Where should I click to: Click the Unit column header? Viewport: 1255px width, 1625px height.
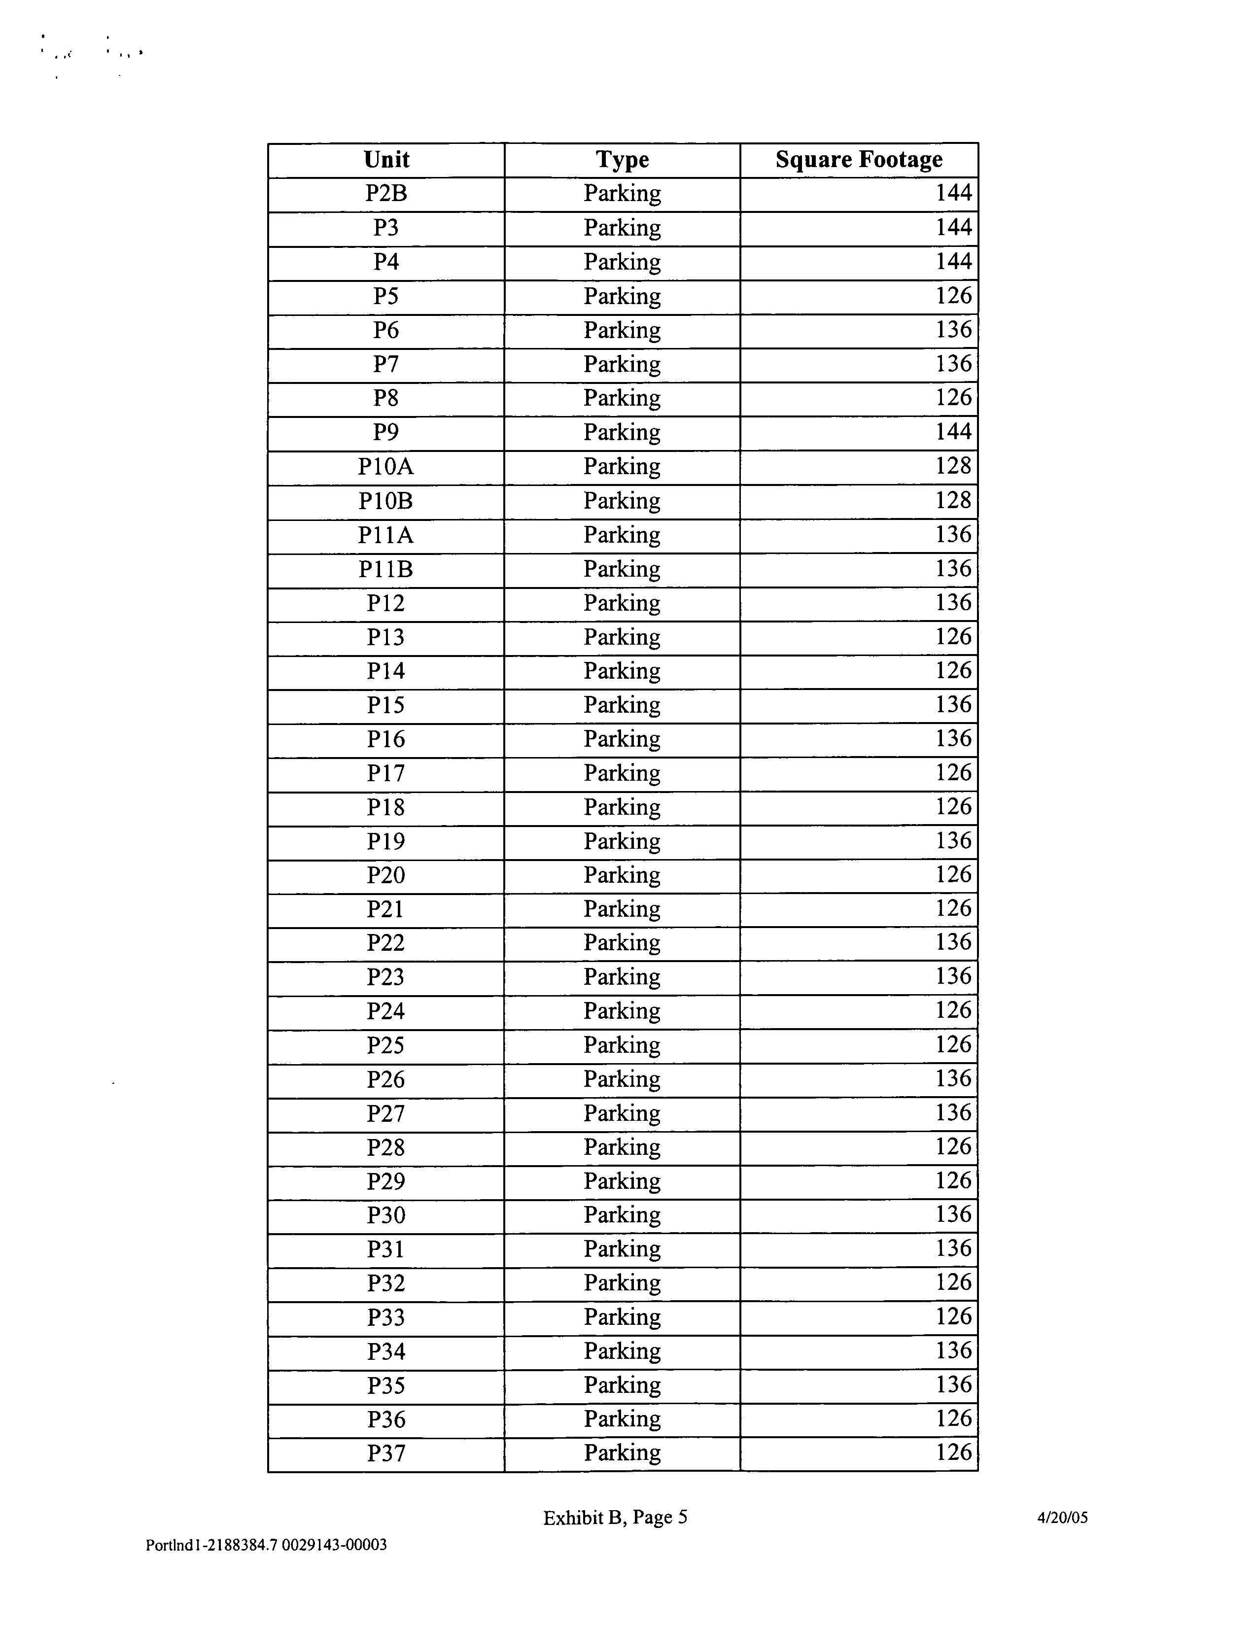pos(386,159)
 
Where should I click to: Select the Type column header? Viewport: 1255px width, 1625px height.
pos(622,159)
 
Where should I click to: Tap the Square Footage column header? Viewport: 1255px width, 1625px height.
pos(859,159)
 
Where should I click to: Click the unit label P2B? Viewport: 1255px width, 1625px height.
pos(386,193)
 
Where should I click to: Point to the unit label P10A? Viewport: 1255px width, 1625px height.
pos(385,467)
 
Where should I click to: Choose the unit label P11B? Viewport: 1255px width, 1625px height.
pos(385,569)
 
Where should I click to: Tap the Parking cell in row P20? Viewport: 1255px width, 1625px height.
pos(622,875)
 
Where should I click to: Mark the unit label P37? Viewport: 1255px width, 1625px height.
pos(386,1453)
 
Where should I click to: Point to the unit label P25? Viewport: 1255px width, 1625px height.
pos(385,1045)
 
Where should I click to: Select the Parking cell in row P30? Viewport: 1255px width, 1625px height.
pos(622,1215)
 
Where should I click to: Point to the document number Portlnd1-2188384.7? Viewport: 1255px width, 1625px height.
pos(211,1545)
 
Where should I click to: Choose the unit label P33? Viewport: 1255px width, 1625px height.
pos(386,1318)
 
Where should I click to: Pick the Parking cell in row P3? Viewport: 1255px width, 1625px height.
pos(622,228)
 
